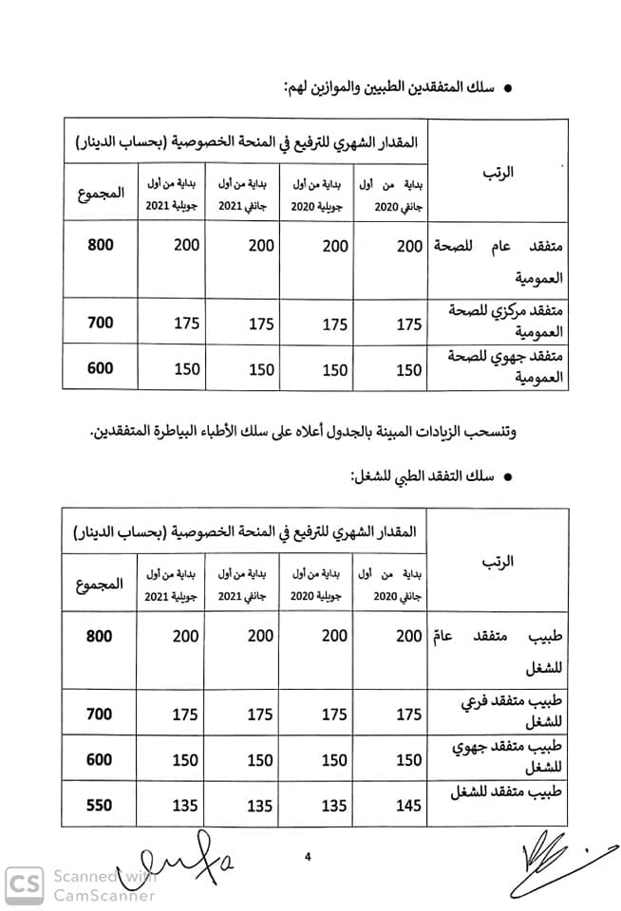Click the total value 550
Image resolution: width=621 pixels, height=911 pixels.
click(x=99, y=805)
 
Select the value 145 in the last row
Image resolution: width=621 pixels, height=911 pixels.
click(x=408, y=805)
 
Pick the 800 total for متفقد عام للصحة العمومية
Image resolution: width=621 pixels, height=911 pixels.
click(x=99, y=245)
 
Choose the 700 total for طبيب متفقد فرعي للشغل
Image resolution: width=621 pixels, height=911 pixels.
click(x=99, y=714)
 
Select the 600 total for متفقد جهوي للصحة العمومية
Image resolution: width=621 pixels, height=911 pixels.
click(x=99, y=369)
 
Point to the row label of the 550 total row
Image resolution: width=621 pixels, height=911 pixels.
click(x=518, y=793)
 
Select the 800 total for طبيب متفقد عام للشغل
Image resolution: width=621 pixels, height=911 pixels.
click(x=99, y=636)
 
